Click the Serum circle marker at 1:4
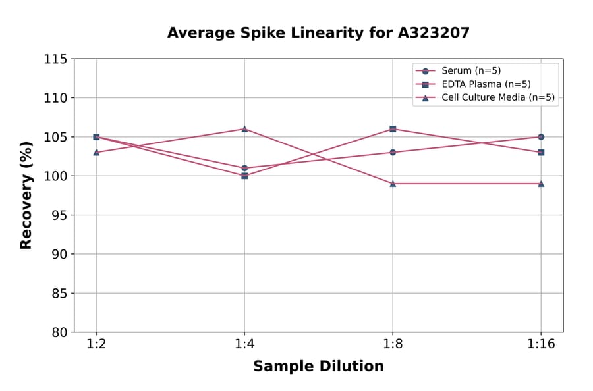coord(244,168)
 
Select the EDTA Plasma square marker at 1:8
coord(393,129)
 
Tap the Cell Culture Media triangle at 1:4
coord(244,129)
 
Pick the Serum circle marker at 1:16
coord(541,137)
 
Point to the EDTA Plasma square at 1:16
coord(541,152)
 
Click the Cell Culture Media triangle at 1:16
coord(541,184)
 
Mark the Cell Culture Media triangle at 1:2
coord(96,152)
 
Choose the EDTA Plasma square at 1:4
coord(244,176)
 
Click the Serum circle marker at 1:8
coord(393,152)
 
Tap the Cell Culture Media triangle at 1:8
coord(393,184)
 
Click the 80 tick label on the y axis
coord(59,332)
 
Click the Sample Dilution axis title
coord(318,367)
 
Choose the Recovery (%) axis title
coord(26,195)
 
